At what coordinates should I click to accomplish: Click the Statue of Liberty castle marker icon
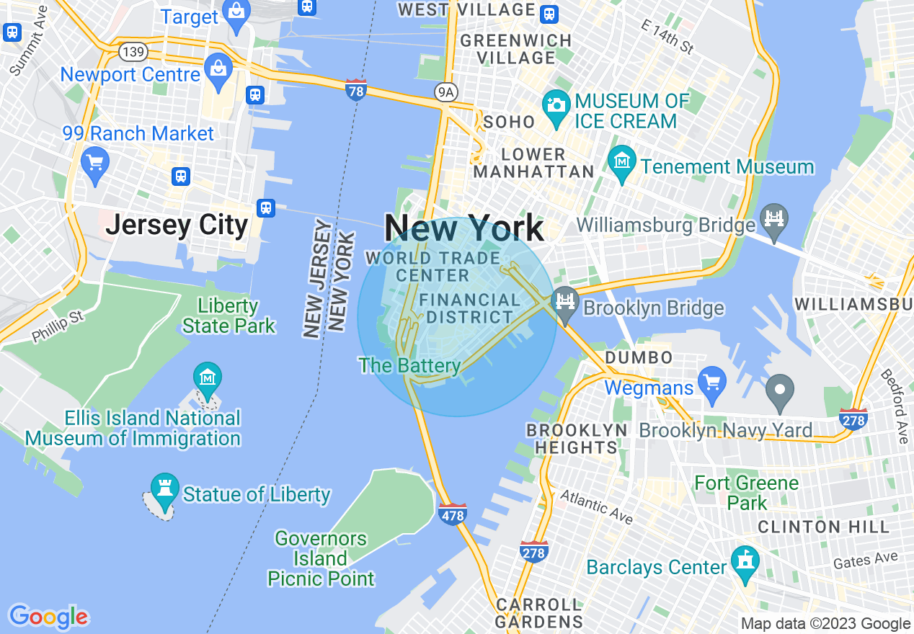pos(164,488)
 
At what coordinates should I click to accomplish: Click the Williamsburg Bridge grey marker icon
pos(773,215)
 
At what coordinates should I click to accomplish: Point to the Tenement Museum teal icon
pos(621,162)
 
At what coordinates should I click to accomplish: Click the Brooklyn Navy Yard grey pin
pos(779,390)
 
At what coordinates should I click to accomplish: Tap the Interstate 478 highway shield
pos(452,514)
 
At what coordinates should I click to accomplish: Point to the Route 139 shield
pos(135,51)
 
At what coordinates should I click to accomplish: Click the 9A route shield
pos(447,91)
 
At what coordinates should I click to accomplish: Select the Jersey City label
pos(177,225)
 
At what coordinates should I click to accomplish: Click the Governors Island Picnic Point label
pos(321,558)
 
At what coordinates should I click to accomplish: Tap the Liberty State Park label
pos(228,316)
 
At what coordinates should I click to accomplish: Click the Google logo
pos(48,617)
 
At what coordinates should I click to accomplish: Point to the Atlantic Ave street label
pos(596,506)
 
